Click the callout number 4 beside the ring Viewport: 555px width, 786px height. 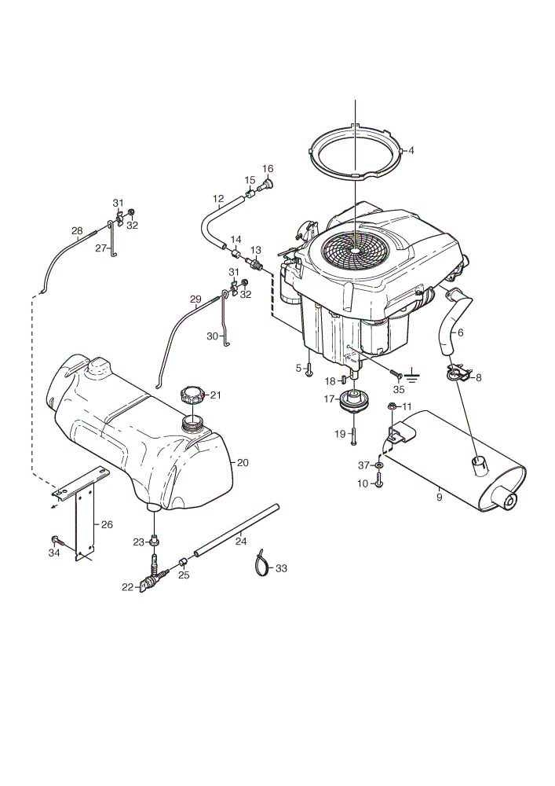point(411,150)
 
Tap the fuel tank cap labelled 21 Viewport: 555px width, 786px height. point(193,395)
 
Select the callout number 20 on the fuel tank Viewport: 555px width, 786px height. point(243,463)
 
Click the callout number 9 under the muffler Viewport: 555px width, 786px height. point(440,498)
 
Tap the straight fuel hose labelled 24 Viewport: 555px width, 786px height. point(237,531)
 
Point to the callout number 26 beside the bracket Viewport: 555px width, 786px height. point(107,525)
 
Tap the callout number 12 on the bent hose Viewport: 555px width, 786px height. point(218,199)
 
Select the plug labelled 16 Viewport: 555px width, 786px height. point(266,185)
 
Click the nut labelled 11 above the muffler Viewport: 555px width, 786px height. point(393,406)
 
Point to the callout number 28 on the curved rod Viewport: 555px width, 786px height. point(77,230)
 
